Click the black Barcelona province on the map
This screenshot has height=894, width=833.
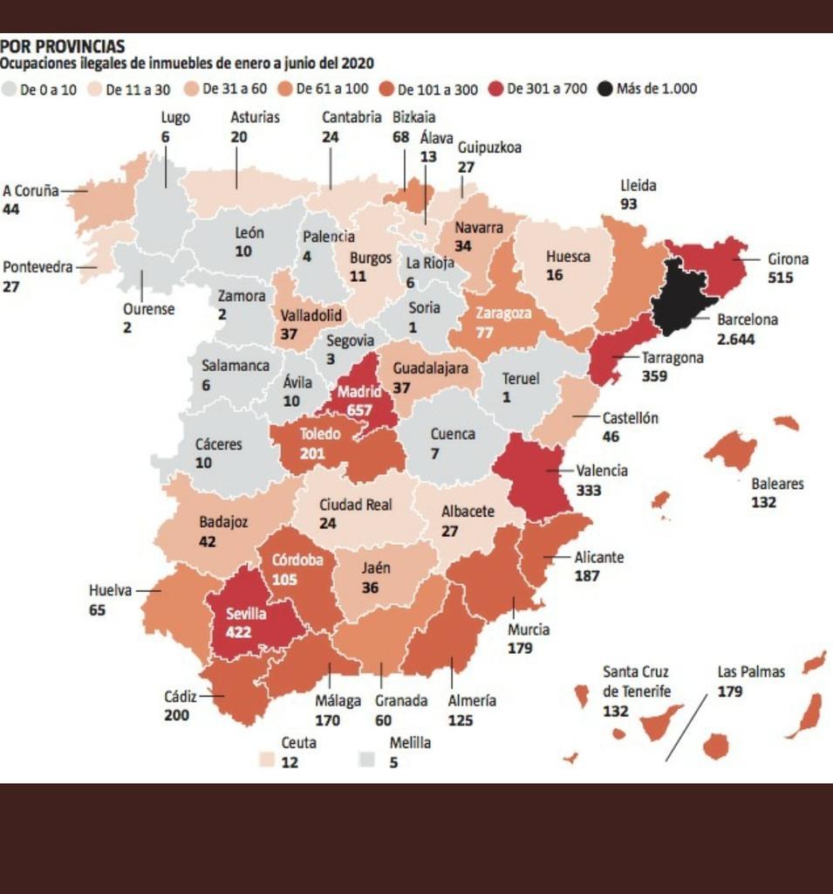click(x=680, y=297)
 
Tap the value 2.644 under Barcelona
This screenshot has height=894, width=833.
click(x=735, y=339)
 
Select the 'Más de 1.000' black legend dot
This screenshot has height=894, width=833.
click(x=605, y=88)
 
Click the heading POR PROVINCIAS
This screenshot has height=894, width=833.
click(x=62, y=46)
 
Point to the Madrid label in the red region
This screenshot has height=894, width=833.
click(x=359, y=391)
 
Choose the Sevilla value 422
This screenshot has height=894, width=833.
click(x=238, y=632)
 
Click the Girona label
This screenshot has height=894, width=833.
click(x=788, y=258)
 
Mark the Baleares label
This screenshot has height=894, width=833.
click(x=777, y=483)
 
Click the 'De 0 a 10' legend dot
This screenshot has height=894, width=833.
click(x=10, y=88)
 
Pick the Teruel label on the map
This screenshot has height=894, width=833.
click(x=521, y=379)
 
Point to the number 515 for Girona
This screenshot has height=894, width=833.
click(x=780, y=278)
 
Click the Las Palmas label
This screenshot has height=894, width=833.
click(x=751, y=671)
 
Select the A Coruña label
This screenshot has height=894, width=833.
click(x=30, y=189)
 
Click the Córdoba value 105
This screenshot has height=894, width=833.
click(x=284, y=580)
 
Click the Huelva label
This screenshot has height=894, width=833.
click(x=110, y=590)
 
